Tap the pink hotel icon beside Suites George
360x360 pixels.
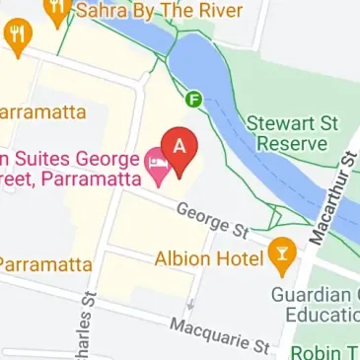tap(157, 161)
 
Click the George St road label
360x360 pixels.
tap(212, 220)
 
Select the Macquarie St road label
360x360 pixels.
tap(219, 334)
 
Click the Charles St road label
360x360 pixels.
tap(89, 326)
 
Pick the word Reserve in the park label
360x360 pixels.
tap(292, 144)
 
